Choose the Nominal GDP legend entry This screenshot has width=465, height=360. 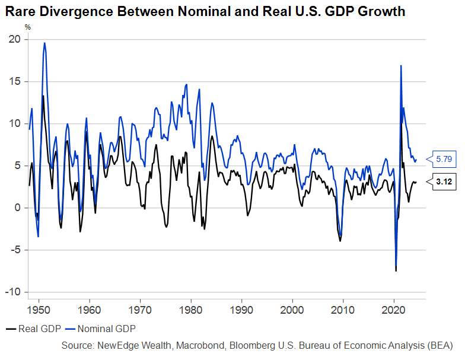coord(101,328)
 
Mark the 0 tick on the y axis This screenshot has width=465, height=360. coord(17,208)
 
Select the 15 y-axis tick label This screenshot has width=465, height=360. coord(14,81)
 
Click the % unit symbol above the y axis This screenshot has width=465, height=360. coord(27,27)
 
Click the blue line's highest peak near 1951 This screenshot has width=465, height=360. coord(44,43)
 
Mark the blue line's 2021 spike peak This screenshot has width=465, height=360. coord(402,65)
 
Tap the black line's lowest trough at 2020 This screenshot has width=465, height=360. coord(396,271)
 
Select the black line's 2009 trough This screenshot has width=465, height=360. coord(340,241)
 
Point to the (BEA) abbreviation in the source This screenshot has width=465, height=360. coord(441,345)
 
